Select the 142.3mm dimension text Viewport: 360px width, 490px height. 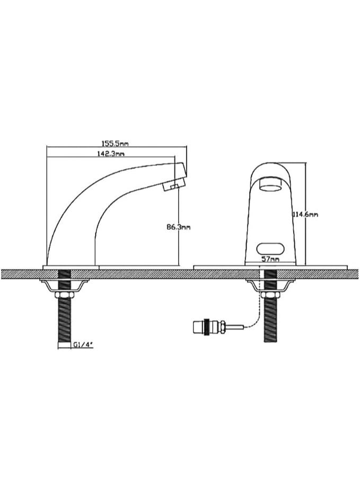click(111, 154)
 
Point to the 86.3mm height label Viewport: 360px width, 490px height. click(178, 227)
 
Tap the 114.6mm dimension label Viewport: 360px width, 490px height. click(305, 215)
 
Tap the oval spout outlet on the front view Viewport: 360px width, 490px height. click(271, 186)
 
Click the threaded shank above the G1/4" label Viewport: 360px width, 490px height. click(64, 320)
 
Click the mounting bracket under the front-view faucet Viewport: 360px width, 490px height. click(270, 286)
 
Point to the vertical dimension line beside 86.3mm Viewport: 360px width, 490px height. click(178, 249)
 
